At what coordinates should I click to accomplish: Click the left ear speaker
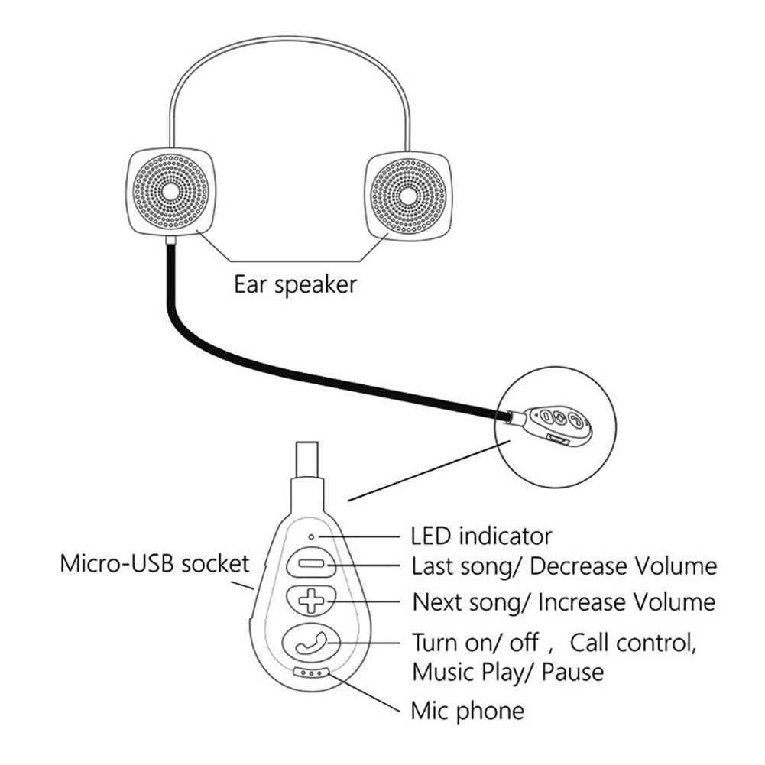tap(170, 191)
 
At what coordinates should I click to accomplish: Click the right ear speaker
tap(408, 195)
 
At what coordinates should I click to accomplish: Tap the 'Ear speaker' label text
tap(295, 286)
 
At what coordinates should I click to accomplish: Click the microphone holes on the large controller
tap(312, 673)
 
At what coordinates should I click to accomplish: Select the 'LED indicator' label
tap(481, 535)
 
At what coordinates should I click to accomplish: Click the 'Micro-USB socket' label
tap(155, 565)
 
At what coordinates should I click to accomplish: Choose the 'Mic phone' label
tap(468, 711)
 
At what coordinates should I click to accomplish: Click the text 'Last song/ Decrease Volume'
tap(564, 566)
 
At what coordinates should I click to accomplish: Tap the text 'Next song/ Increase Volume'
tap(564, 601)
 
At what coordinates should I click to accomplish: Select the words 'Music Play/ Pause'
tap(507, 673)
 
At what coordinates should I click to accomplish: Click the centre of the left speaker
tap(170, 191)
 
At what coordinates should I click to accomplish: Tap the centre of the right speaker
tap(408, 195)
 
